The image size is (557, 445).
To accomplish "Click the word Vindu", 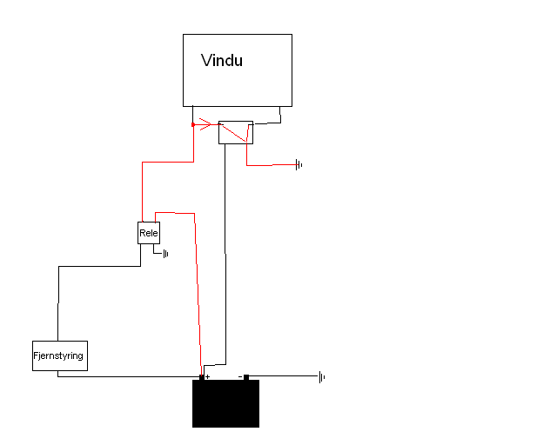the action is [222, 60].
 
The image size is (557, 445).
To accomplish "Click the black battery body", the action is [226, 403].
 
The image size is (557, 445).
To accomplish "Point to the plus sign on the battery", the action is [207, 376].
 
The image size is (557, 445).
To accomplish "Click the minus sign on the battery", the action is [240, 376].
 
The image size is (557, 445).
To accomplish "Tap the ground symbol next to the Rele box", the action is [165, 254].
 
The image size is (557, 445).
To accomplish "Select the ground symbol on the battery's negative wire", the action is [322, 377].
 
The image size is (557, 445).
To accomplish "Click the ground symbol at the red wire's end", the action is [299, 164].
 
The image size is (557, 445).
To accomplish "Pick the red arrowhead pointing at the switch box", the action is [205, 124].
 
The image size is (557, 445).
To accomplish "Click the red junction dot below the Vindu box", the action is [193, 124].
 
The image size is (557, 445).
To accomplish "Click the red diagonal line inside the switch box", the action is [234, 132].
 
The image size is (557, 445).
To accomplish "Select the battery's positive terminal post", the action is [202, 377].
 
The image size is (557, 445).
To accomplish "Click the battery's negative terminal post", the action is [246, 377].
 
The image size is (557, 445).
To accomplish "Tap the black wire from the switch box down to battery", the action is [225, 254].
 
